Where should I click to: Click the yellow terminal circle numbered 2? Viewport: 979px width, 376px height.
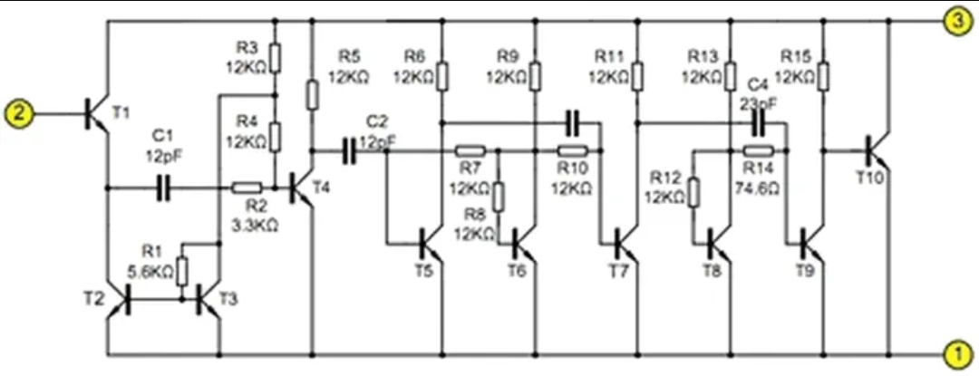pos(18,113)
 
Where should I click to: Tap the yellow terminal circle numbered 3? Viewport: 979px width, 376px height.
pos(955,22)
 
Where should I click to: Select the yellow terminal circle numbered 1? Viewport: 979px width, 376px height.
pos(955,355)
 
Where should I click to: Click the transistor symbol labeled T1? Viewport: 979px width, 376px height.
pos(96,113)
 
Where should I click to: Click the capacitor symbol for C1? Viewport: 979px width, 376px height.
pos(163,187)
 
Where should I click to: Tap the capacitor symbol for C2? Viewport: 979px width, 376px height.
pos(349,150)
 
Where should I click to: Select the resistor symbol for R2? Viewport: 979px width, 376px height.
pos(247,187)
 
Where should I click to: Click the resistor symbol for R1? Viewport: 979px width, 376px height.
pos(182,271)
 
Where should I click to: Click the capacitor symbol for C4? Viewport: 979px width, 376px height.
pos(759,123)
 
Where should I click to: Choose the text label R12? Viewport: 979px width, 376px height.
pos(665,177)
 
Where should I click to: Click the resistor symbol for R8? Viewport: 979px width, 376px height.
pos(499,197)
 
